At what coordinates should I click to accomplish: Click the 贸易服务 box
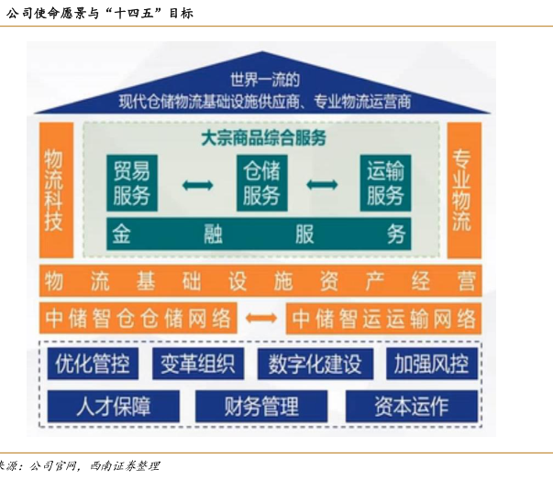pyautogui.click(x=132, y=181)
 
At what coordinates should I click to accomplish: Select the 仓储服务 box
pyautogui.click(x=261, y=181)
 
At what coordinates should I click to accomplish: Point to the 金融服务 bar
pyautogui.click(x=260, y=234)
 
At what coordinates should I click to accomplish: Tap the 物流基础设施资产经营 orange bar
pyautogui.click(x=260, y=279)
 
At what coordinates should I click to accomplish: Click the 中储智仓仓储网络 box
pyautogui.click(x=138, y=318)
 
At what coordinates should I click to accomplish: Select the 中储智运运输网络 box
pyautogui.click(x=383, y=318)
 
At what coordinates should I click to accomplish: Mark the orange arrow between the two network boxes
pyautogui.click(x=261, y=318)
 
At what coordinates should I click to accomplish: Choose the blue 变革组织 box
pyautogui.click(x=196, y=364)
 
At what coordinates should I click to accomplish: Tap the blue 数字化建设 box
pyautogui.click(x=315, y=364)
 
